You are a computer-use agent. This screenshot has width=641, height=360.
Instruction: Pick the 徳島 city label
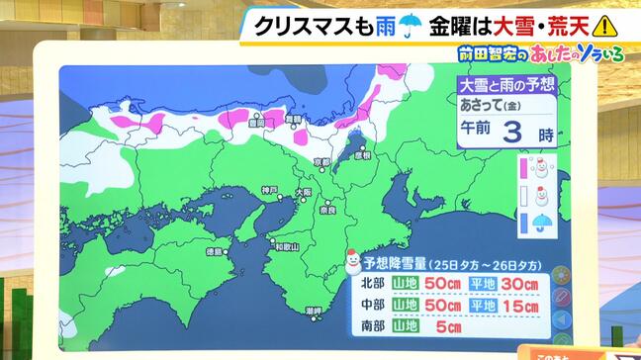pos(213,251)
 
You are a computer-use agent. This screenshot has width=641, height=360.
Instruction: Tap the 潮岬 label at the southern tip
pos(314,311)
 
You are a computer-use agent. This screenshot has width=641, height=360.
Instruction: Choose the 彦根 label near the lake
pos(363,155)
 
